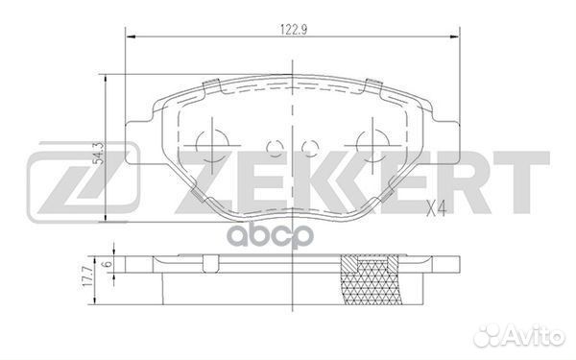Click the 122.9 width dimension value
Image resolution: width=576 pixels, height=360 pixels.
pos(294,30)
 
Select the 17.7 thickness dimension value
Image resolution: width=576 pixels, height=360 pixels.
pos(88,282)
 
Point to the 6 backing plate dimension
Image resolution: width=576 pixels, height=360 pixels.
pos(108,264)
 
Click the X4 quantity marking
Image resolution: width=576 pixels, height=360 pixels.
pos(436,210)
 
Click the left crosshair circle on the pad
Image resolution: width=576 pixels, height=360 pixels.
pos(212,146)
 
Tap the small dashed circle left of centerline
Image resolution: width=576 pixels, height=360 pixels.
pos(275,149)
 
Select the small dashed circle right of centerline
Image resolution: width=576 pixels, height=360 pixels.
pos(310,149)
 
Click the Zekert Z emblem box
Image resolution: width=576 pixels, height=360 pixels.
pos(84,182)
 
